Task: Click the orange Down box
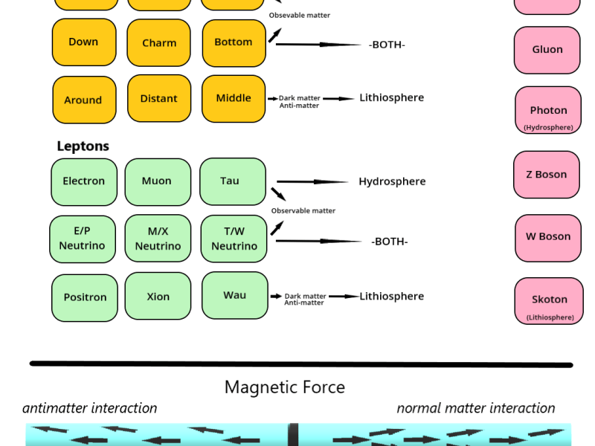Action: click(x=84, y=42)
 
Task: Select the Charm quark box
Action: click(x=159, y=42)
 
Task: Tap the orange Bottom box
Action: click(x=234, y=42)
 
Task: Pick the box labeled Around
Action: click(x=84, y=100)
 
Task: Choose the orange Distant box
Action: click(x=159, y=98)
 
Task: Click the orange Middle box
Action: click(x=234, y=98)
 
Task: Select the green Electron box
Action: click(x=84, y=181)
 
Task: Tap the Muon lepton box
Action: click(x=158, y=181)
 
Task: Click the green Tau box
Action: click(x=232, y=181)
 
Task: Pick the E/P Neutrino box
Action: click(x=83, y=239)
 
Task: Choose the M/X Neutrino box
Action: click(x=158, y=239)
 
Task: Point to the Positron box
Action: click(x=85, y=297)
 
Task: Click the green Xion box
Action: click(x=158, y=297)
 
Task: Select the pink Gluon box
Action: click(x=547, y=50)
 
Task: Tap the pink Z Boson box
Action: click(x=547, y=175)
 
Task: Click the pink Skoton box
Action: click(x=549, y=301)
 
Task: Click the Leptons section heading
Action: click(x=83, y=146)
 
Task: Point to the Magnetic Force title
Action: click(x=285, y=387)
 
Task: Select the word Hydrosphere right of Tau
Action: click(x=392, y=181)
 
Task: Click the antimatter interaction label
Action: click(x=90, y=408)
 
